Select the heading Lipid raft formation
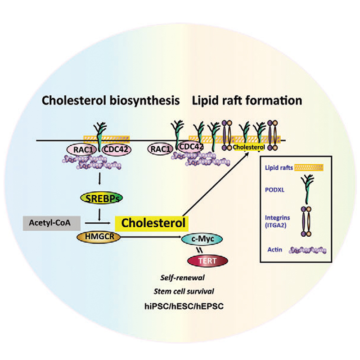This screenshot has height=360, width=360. point(247,100)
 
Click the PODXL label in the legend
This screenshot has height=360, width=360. point(279,191)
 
